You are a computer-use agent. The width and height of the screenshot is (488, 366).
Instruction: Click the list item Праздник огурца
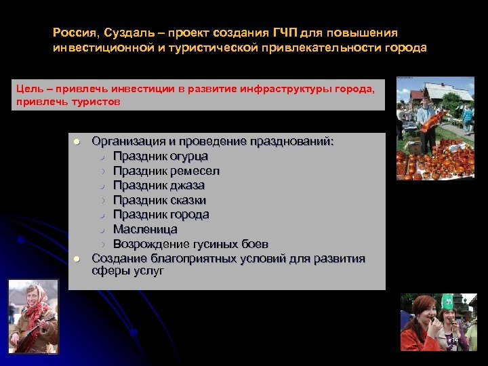click(160, 157)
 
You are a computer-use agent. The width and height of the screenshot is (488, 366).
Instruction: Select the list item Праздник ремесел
click(166, 171)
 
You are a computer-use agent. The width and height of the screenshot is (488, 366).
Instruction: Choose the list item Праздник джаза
click(159, 185)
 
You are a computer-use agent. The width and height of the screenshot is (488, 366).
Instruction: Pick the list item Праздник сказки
click(159, 200)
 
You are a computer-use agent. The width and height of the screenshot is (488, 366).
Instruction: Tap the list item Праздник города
click(161, 214)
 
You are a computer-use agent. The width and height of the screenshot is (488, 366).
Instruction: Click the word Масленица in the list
click(145, 229)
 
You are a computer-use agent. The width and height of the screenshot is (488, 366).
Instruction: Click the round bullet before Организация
click(77, 142)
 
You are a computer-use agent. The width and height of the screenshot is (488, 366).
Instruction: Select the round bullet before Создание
click(77, 259)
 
